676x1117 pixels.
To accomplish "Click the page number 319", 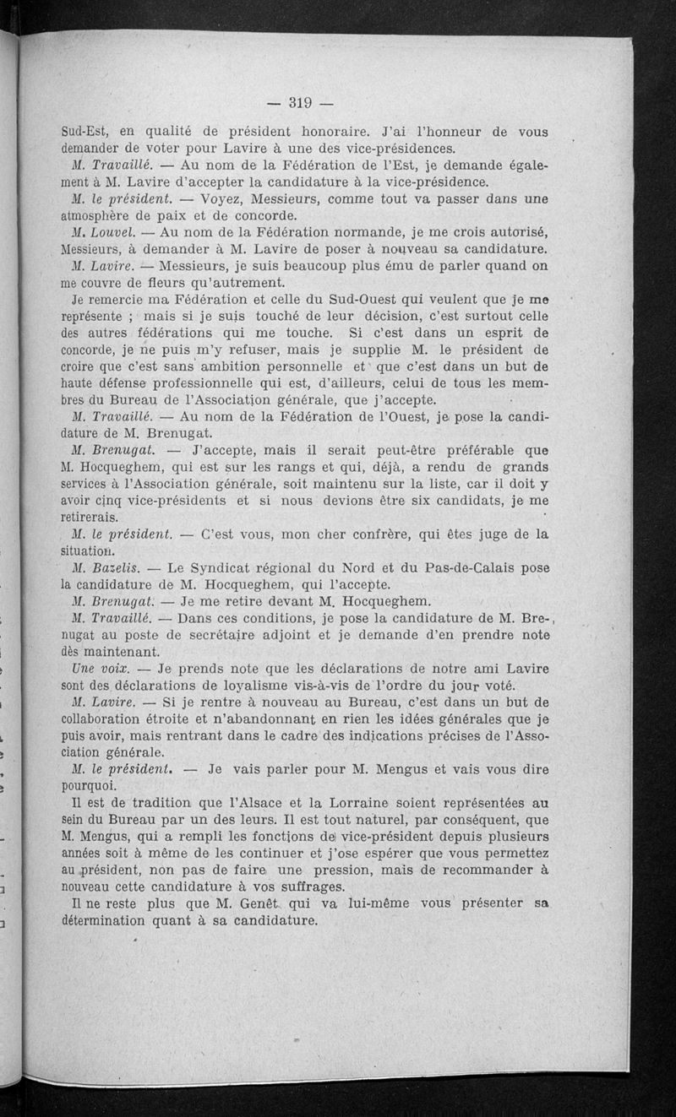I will tap(301, 104).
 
